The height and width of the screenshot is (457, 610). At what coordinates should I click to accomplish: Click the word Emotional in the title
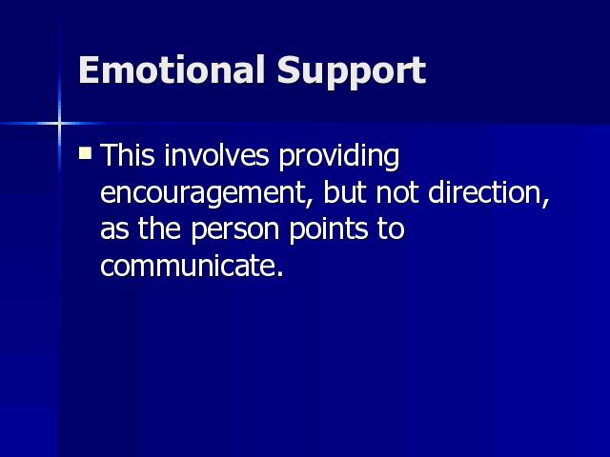pyautogui.click(x=172, y=70)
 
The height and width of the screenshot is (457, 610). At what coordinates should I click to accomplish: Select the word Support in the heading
pyautogui.click(x=352, y=72)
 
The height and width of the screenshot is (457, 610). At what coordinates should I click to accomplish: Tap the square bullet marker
pyautogui.click(x=85, y=152)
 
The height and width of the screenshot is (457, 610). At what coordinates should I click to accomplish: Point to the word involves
pyautogui.click(x=216, y=154)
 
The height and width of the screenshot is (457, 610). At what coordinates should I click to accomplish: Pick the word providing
pyautogui.click(x=339, y=157)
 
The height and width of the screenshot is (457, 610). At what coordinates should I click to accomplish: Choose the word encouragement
pyautogui.click(x=203, y=194)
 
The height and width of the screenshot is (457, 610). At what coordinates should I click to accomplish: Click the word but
pyautogui.click(x=345, y=191)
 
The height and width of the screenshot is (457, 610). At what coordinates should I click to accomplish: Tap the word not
pyautogui.click(x=397, y=193)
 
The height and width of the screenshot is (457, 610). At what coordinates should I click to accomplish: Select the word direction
pyautogui.click(x=484, y=191)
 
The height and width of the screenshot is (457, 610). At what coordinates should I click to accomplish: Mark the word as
pyautogui.click(x=114, y=230)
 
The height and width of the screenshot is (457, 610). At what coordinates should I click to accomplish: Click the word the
pyautogui.click(x=159, y=228)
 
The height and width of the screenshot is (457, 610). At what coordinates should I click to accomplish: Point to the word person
pyautogui.click(x=235, y=231)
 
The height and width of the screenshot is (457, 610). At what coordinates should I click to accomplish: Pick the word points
pyautogui.click(x=328, y=231)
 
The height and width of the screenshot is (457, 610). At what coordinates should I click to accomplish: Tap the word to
pyautogui.click(x=391, y=229)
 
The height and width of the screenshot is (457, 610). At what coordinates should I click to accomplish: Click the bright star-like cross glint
pyautogui.click(x=59, y=124)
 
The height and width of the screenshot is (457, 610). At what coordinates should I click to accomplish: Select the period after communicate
pyautogui.click(x=279, y=273)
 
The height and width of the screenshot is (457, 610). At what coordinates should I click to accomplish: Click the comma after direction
pyautogui.click(x=545, y=202)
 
